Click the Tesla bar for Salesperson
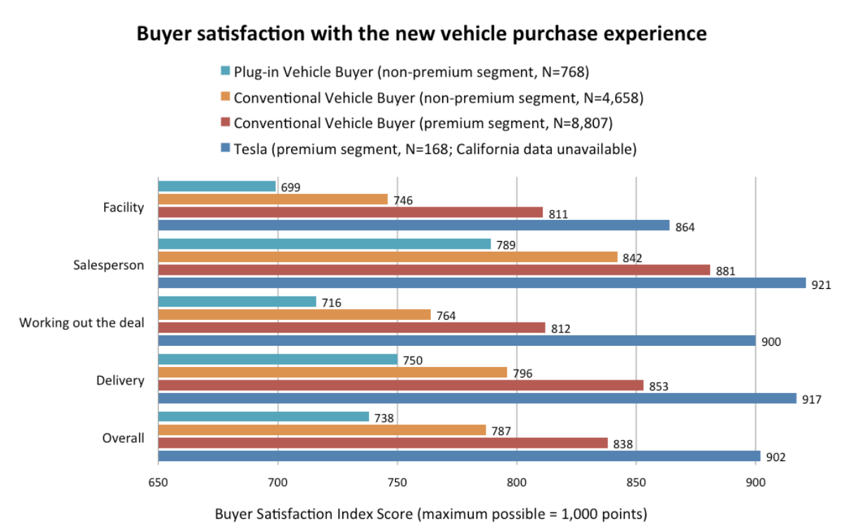tap(482, 283)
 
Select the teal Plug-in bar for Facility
tap(217, 186)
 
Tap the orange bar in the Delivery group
tap(332, 373)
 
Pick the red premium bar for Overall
tap(382, 443)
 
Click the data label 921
tap(821, 285)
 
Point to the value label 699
tap(290, 188)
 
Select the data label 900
tap(771, 342)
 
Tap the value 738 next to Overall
tap(382, 418)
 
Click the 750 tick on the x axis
tap(397, 484)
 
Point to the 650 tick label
tap(158, 484)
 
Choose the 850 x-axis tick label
tap(636, 484)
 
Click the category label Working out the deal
tap(82, 323)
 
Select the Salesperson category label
tap(109, 265)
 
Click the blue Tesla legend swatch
tap(225, 148)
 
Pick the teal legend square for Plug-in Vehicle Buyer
tap(225, 71)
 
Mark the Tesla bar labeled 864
tap(413, 225)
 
